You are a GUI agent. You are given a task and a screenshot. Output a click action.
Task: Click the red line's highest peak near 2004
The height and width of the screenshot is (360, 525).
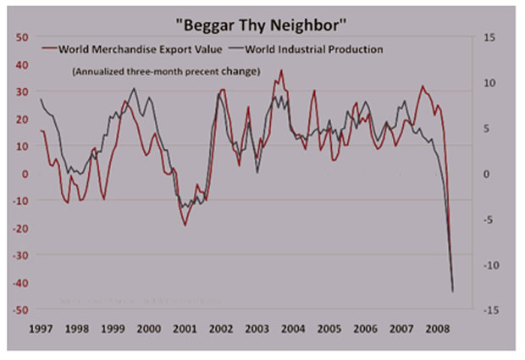(x=281, y=70)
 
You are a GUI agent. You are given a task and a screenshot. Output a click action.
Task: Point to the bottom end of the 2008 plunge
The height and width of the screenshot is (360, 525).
(x=453, y=291)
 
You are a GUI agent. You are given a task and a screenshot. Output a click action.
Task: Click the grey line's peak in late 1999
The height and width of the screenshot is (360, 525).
(x=135, y=88)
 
